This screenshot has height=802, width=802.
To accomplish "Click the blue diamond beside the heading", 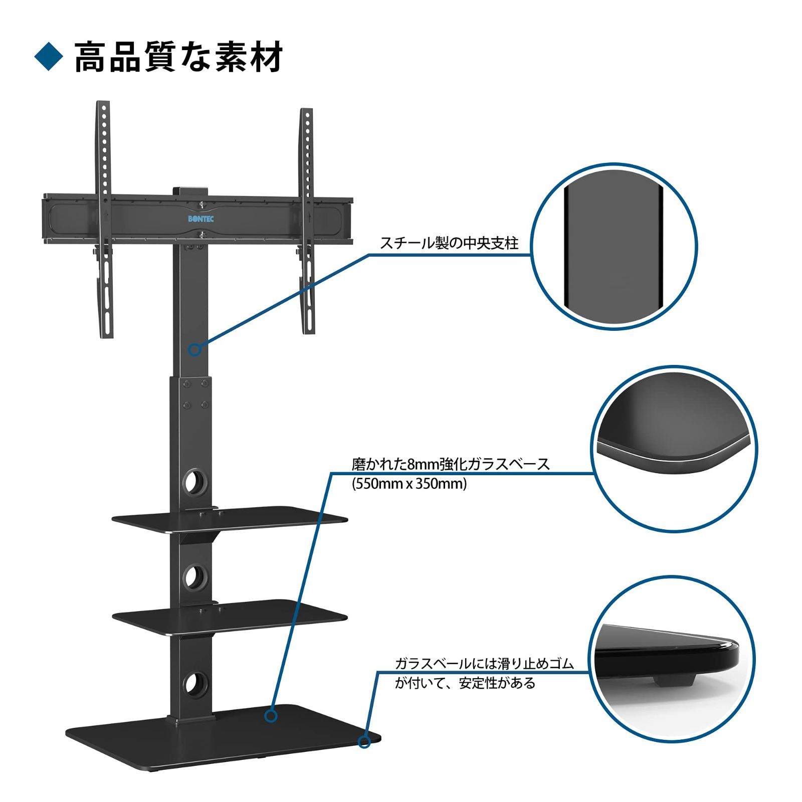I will (49, 57).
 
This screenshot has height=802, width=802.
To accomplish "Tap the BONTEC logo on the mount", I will (202, 219).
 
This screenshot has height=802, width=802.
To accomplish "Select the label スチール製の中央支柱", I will (449, 244).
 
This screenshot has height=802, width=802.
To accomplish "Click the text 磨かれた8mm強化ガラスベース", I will (451, 464).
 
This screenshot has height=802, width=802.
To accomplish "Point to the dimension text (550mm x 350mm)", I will (409, 484).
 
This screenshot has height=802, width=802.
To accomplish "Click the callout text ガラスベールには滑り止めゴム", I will (484, 664).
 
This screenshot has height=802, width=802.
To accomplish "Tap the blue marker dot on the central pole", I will (195, 349).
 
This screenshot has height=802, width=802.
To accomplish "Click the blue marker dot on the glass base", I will (271, 715).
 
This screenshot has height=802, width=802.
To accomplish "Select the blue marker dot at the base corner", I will (364, 741).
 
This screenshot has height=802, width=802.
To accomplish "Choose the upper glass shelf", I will (230, 519).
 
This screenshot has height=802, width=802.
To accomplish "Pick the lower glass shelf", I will (230, 616).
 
